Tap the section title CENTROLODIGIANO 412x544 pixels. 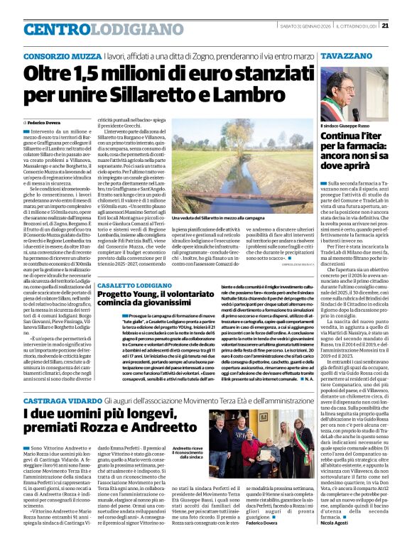pyautogui.click(x=83, y=29)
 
